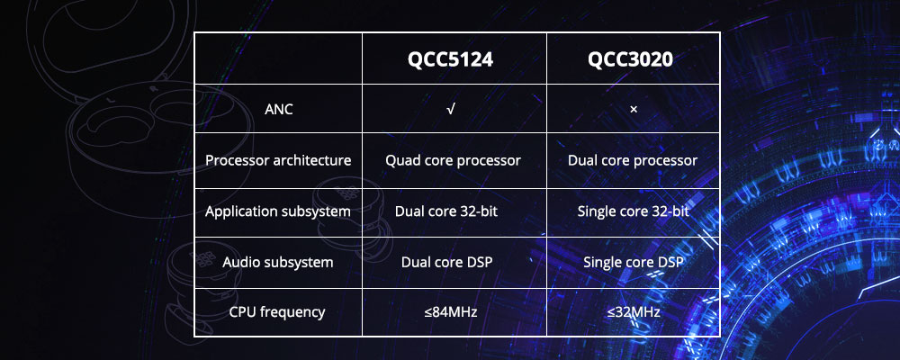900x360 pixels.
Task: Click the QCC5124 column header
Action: (x=450, y=59)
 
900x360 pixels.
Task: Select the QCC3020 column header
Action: (x=630, y=59)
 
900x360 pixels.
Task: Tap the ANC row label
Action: (x=278, y=109)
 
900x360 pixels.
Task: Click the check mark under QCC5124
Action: (x=451, y=109)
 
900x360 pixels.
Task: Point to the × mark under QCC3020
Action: (x=634, y=109)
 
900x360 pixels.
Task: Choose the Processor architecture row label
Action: (x=278, y=160)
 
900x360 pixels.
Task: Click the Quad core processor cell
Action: (x=453, y=160)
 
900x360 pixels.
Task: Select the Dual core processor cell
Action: (x=633, y=160)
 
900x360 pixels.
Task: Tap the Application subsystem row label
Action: (x=278, y=211)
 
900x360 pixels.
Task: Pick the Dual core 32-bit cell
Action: (x=446, y=211)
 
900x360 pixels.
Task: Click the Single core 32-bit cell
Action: (x=633, y=211)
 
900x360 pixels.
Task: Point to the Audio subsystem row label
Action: (x=278, y=263)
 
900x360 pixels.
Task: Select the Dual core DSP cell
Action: (x=447, y=263)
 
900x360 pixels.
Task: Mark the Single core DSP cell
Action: (x=634, y=263)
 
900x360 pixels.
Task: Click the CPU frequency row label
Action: (x=277, y=312)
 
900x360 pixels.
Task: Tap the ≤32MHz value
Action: (x=634, y=312)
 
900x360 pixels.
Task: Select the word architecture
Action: (x=313, y=160)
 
